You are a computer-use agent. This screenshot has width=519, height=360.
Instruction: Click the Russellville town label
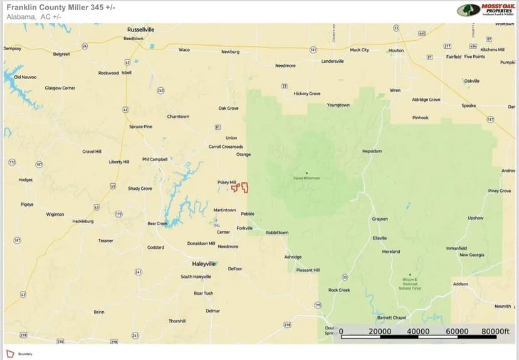(x=140, y=29)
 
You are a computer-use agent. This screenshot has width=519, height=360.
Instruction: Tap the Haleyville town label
(x=204, y=263)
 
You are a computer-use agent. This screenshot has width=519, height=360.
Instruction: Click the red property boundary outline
(x=240, y=187)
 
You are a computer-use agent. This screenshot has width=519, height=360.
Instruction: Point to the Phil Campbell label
(x=155, y=159)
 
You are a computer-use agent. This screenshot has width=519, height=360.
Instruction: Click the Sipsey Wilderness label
(x=307, y=178)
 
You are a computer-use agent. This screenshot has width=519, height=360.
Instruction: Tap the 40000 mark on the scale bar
(x=418, y=331)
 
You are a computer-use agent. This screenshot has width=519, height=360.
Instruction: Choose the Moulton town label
(x=396, y=50)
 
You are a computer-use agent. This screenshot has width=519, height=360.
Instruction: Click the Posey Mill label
(x=226, y=182)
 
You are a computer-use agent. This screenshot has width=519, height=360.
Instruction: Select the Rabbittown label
(x=277, y=232)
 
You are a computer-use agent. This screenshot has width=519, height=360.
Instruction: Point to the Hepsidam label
(x=372, y=151)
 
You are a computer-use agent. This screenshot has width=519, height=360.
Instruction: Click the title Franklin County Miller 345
(x=61, y=7)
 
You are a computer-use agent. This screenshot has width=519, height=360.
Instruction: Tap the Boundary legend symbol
(x=9, y=354)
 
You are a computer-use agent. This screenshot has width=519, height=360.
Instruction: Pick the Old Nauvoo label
(x=25, y=77)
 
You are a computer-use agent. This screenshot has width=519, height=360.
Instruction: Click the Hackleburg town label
(x=83, y=221)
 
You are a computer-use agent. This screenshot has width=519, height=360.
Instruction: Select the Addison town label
(x=460, y=284)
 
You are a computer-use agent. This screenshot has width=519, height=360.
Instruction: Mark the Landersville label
(x=332, y=61)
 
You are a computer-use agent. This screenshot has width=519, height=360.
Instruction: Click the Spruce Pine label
(x=140, y=127)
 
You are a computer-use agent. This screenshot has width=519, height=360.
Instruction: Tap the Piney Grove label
(x=500, y=191)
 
